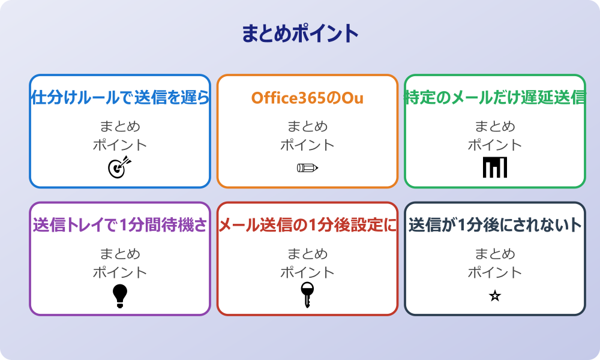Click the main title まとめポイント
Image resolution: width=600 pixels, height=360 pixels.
[x=300, y=34]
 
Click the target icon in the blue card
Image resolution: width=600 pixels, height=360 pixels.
[x=119, y=167]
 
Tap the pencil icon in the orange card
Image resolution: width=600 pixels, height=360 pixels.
[x=307, y=167]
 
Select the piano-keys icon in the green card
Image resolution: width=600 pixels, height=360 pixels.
[x=495, y=167]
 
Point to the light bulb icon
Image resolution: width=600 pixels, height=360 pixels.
[x=120, y=295]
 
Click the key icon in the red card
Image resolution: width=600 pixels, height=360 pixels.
[x=307, y=295]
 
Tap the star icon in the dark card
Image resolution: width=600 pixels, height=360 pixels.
[x=495, y=296]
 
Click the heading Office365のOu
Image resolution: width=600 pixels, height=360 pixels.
[x=307, y=98]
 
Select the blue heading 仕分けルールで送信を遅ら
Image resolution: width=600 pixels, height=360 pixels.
[x=120, y=98]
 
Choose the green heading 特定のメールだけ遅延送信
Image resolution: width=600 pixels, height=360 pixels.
[x=495, y=98]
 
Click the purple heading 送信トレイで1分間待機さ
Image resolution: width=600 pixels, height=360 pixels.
[x=120, y=226]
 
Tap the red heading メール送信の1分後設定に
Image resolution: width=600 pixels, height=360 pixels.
[x=307, y=226]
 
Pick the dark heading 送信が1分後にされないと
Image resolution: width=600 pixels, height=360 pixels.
[x=495, y=226]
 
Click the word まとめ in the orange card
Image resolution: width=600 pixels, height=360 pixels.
[x=307, y=127]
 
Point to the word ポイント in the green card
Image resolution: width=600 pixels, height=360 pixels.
[x=495, y=145]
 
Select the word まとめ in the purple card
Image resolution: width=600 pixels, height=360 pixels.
[x=120, y=254]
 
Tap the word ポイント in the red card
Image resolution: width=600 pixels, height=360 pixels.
[x=307, y=272]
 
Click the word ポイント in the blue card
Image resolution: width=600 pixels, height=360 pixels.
[x=120, y=145]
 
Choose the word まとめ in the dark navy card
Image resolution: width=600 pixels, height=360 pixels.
[x=495, y=254]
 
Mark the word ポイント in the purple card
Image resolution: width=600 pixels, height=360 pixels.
[x=120, y=272]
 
